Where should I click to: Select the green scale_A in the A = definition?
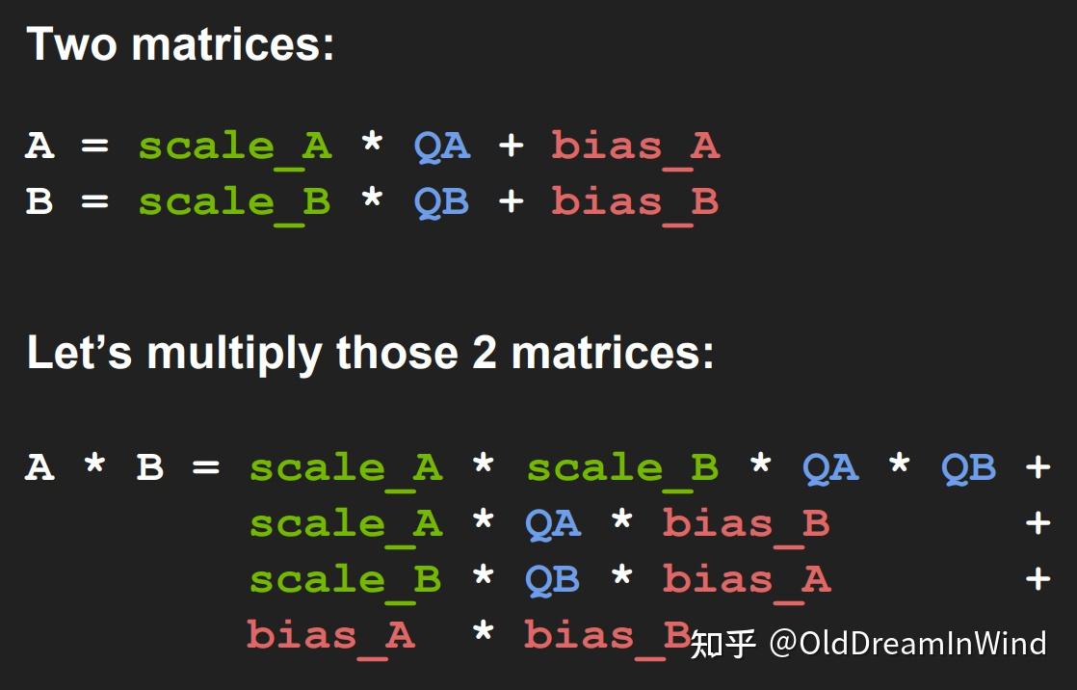click(234, 146)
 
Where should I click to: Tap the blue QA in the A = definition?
click(441, 146)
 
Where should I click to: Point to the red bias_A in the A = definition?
click(635, 146)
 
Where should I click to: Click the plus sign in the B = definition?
click(511, 202)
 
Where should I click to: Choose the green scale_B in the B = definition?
click(234, 202)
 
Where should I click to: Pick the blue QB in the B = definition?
click(441, 202)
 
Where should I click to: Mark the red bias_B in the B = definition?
click(635, 202)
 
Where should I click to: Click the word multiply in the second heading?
click(235, 355)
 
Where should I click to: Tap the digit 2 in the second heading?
click(484, 353)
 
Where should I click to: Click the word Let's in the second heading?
click(79, 353)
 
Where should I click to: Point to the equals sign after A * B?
click(206, 468)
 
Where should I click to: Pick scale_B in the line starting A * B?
click(622, 468)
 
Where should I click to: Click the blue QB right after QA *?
click(968, 468)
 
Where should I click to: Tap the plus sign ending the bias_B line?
click(1038, 523)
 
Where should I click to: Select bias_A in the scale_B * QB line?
click(746, 580)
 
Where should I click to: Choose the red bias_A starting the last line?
click(330, 636)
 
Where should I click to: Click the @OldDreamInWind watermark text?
click(906, 643)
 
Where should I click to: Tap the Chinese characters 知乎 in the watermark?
click(723, 643)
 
